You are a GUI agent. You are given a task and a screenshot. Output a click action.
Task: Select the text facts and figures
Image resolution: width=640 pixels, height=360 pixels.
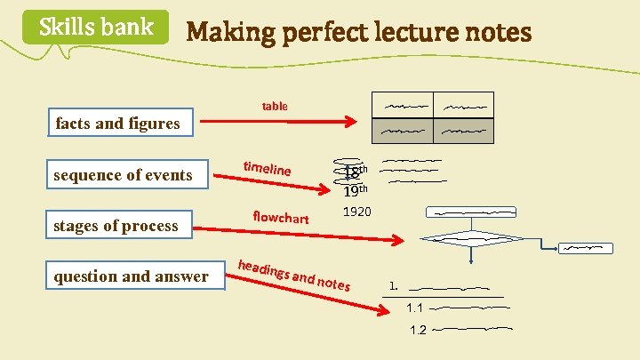[x=117, y=124]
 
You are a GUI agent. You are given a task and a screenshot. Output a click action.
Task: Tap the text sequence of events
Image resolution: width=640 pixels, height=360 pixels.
[x=123, y=175]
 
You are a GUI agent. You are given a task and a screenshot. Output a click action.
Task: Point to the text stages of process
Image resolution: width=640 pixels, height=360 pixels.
[x=116, y=226]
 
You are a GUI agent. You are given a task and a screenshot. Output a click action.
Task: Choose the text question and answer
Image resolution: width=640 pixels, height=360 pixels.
[x=131, y=276]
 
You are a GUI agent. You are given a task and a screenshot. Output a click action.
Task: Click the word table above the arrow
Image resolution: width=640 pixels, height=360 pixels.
[x=275, y=107]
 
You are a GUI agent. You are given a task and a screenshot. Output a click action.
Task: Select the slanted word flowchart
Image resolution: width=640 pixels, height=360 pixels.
[x=280, y=217]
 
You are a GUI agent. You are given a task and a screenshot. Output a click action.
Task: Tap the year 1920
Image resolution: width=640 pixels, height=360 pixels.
[x=357, y=212]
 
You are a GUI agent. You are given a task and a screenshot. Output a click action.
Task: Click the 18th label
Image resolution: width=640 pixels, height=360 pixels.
[x=355, y=172]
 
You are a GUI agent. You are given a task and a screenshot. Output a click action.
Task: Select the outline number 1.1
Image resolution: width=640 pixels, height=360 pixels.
[x=415, y=308]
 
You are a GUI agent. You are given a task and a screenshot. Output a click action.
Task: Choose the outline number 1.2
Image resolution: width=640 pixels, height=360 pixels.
[x=418, y=330]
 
